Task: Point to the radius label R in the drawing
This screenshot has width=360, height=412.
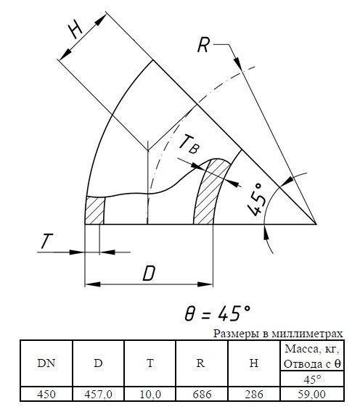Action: (203, 45)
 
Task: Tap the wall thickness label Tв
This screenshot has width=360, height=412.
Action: (189, 144)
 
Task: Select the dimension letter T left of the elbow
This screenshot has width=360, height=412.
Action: (46, 241)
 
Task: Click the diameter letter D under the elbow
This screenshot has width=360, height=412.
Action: (149, 273)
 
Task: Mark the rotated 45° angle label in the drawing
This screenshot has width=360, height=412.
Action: (255, 199)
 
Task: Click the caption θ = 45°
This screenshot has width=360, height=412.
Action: (217, 313)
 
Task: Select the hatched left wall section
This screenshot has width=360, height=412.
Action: (94, 210)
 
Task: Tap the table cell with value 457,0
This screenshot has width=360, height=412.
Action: (98, 394)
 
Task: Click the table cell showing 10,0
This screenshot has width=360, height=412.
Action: (150, 394)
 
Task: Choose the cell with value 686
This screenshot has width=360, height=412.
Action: (202, 394)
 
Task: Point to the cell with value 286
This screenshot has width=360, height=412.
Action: (254, 394)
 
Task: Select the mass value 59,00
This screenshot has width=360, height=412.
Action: (312, 394)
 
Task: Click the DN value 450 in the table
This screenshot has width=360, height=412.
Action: (46, 394)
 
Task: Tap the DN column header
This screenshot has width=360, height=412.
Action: (46, 363)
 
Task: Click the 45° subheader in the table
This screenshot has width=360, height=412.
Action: (312, 379)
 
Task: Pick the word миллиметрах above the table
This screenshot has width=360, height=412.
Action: (307, 334)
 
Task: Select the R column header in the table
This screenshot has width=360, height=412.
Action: (200, 363)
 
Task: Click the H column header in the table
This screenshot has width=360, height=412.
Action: (254, 363)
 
